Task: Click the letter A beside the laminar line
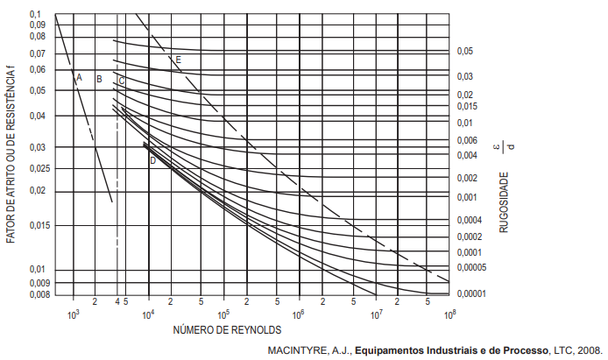(80, 77)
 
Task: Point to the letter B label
(99, 79)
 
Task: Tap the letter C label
(122, 81)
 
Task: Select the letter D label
(152, 160)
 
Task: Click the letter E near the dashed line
(179, 60)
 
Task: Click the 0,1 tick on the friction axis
(35, 14)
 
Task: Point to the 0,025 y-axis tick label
(40, 168)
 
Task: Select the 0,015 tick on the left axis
(40, 225)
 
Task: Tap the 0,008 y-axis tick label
(40, 295)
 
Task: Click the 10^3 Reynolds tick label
(73, 314)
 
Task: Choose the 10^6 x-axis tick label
(298, 314)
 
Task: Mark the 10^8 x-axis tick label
(449, 314)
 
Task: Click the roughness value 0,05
(465, 51)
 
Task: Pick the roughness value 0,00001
(471, 293)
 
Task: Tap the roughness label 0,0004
(470, 220)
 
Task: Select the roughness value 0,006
(467, 141)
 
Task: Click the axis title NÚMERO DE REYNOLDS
(227, 330)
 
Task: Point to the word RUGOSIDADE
(504, 202)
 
